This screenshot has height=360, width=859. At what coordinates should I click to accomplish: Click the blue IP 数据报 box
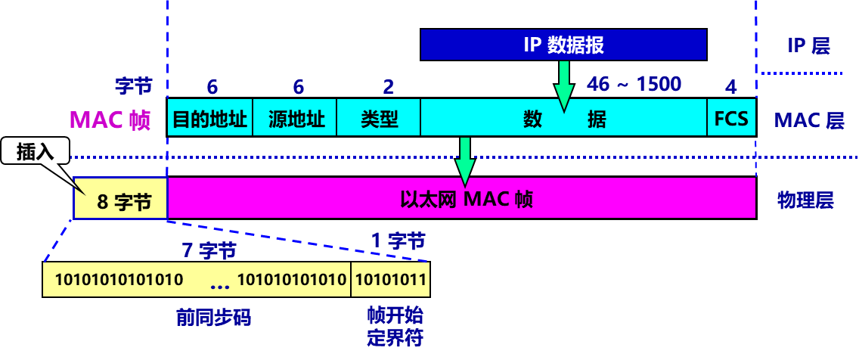(563, 45)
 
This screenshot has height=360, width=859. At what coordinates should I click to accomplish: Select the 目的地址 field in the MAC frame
(210, 119)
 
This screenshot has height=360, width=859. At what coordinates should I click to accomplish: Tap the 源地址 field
(296, 119)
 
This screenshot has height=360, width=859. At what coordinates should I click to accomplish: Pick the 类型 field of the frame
(380, 119)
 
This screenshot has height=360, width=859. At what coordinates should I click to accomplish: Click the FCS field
(731, 119)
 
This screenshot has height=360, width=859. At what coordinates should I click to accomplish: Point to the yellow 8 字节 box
(121, 201)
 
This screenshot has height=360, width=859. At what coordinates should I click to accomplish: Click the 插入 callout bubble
(35, 151)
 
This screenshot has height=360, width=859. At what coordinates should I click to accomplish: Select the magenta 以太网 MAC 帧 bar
(461, 200)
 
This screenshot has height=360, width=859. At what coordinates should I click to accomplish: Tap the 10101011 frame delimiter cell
(390, 280)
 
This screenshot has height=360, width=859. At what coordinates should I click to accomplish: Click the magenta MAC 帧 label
(110, 120)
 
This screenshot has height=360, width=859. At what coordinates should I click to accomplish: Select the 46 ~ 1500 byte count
(634, 84)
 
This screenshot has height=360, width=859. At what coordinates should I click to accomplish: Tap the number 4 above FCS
(730, 86)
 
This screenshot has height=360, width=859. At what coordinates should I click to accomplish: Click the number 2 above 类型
(388, 86)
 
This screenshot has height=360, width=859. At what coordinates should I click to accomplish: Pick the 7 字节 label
(209, 250)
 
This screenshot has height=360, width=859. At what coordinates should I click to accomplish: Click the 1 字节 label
(398, 241)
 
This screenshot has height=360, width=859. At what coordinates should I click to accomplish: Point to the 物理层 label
(805, 200)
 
